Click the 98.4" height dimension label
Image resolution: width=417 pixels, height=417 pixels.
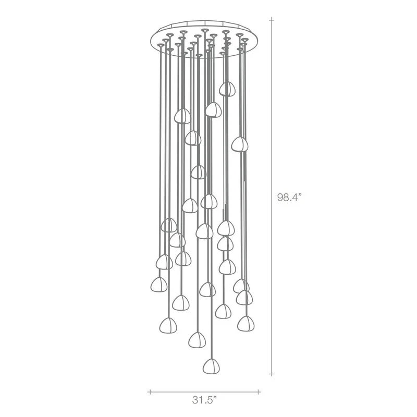pos(290,198)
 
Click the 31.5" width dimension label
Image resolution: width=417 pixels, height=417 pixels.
pos(204,400)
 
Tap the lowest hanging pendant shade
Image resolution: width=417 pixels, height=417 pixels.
pos(211,366)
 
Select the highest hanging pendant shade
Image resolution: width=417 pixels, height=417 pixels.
pos(227,89)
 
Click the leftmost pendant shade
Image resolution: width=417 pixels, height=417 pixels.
pos(159,285)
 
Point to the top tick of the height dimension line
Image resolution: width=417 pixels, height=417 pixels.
pos(271,20)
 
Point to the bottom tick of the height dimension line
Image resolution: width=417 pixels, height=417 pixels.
pos(271,374)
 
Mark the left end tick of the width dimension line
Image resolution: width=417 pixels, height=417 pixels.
pos(150,392)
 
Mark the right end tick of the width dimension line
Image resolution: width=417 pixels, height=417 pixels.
pos(258,392)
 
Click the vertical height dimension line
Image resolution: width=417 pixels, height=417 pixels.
pos(271,197)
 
